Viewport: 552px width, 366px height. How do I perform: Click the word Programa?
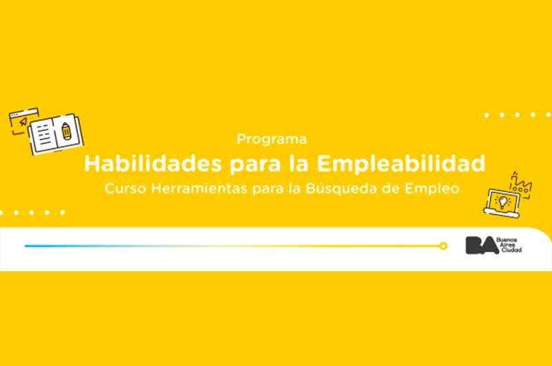[271, 139]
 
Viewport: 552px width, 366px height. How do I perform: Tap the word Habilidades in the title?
[153, 164]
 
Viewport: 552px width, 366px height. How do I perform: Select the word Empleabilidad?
[401, 164]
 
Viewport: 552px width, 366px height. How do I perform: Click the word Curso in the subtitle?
[125, 189]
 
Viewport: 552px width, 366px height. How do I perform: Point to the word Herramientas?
[199, 189]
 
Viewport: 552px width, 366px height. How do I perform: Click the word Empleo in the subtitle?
[432, 189]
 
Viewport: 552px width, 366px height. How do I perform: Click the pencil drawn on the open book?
[66, 131]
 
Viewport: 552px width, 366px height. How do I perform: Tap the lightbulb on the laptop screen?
[503, 202]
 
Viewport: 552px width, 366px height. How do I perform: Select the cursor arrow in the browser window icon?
[23, 122]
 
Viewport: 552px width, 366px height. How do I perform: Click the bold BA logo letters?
[482, 245]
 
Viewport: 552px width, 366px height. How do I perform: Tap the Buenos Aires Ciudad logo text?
[509, 245]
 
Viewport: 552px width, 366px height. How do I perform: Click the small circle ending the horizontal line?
[444, 246]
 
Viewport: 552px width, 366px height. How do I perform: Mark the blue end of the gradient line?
[26, 246]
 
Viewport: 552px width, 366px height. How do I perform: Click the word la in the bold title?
[299, 164]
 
